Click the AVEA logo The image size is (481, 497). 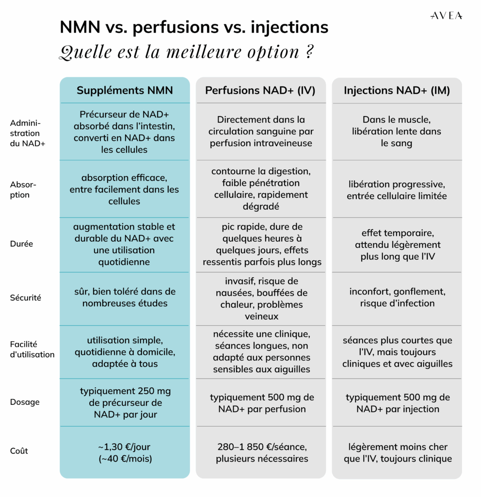(446, 16)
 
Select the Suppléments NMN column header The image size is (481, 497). (125, 90)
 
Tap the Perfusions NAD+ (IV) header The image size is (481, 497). (261, 90)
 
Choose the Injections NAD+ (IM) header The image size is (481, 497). (397, 90)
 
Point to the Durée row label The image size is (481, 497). (21, 244)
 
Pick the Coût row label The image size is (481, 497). (19, 451)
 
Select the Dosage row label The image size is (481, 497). (25, 402)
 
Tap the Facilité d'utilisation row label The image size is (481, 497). (32, 349)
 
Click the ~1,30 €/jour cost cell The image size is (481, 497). (125, 452)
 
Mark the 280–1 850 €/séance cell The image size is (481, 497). (262, 452)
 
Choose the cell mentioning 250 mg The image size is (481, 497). (125, 402)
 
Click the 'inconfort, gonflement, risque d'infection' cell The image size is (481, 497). (397, 298)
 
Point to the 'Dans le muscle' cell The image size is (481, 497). (397, 132)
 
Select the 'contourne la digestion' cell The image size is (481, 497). (261, 189)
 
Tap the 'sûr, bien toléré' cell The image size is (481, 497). (125, 298)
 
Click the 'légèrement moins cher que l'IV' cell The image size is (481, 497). (397, 452)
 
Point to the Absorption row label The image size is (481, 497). (23, 190)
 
